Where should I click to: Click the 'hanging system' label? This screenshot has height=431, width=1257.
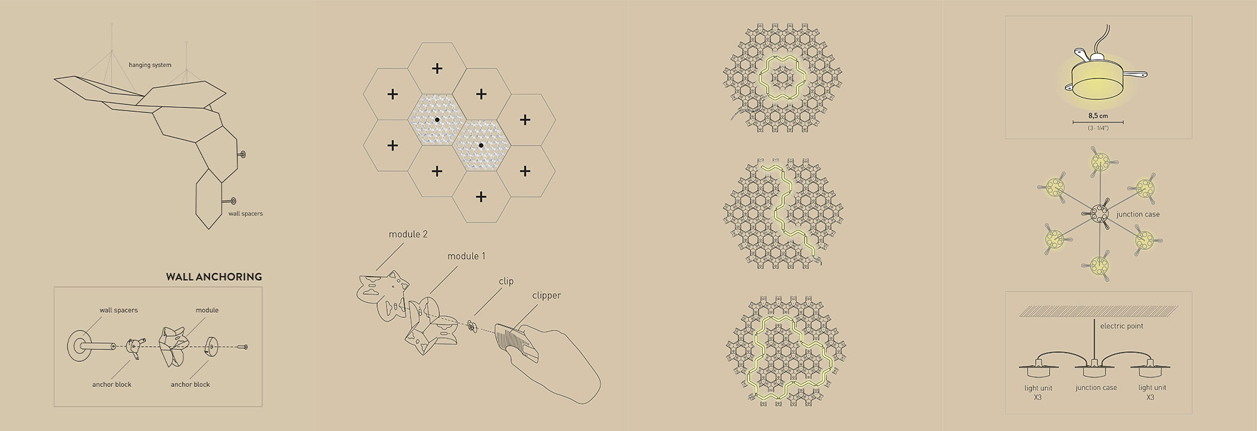(x=150, y=65)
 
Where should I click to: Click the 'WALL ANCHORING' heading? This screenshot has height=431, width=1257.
(x=214, y=276)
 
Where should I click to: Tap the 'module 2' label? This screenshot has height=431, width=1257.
(x=408, y=234)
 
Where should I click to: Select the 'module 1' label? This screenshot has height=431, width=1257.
(x=466, y=256)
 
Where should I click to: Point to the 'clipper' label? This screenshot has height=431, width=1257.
(x=546, y=295)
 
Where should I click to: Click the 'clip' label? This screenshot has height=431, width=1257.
(x=506, y=281)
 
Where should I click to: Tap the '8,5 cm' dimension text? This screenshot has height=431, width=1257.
(x=1098, y=116)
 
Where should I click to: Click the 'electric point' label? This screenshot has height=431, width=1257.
(x=1122, y=326)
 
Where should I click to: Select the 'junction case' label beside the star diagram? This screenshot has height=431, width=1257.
(x=1138, y=214)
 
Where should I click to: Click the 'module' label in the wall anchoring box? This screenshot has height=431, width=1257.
(x=207, y=310)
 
